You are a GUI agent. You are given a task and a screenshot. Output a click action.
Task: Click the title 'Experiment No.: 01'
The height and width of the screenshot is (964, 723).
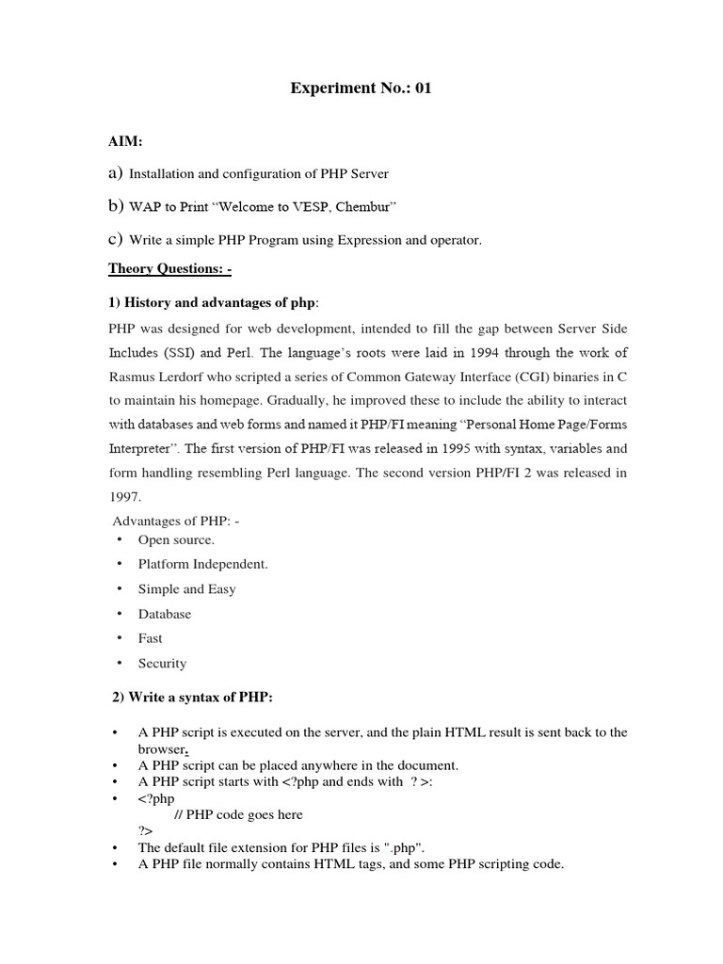361,89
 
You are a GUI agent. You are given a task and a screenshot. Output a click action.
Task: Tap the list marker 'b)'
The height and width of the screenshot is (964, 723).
116,206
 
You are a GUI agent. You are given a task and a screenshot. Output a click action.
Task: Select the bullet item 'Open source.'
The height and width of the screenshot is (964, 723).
176,540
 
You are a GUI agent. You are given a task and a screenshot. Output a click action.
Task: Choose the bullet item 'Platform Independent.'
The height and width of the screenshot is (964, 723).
202,565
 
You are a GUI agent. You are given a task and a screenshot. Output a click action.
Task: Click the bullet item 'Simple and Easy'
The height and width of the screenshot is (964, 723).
186,589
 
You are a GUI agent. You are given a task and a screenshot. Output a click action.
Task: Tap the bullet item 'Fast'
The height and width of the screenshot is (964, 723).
150,638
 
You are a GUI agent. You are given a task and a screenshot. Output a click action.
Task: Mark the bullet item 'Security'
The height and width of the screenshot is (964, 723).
162,663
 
